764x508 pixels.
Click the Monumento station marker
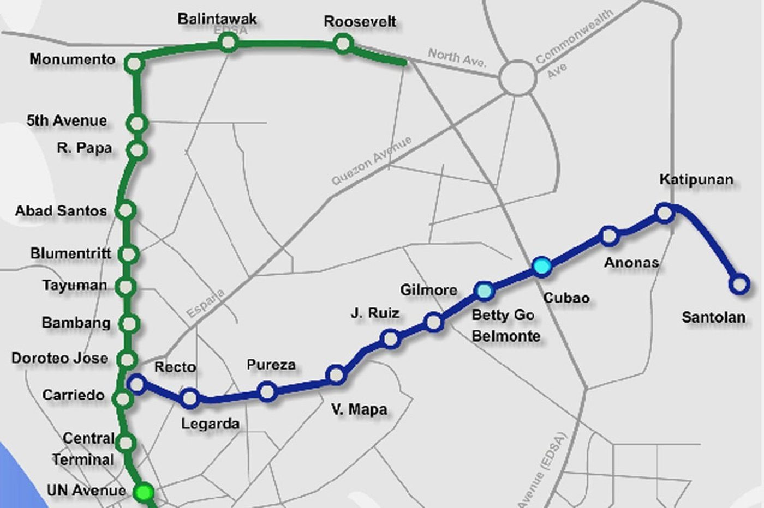pyautogui.click(x=134, y=64)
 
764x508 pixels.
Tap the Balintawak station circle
pyautogui.click(x=229, y=43)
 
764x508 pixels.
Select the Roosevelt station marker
pyautogui.click(x=343, y=43)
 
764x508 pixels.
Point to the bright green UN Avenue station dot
pyautogui.click(x=144, y=492)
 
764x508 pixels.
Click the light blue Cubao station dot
pyautogui.click(x=542, y=266)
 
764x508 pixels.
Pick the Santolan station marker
pyautogui.click(x=739, y=283)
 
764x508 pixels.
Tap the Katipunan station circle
pyautogui.click(x=664, y=213)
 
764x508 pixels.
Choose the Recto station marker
pyautogui.click(x=137, y=384)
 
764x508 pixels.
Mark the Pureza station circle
pyautogui.click(x=267, y=391)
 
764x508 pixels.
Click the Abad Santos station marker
pyautogui.click(x=126, y=210)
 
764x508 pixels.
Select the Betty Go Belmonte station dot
pyautogui.click(x=484, y=291)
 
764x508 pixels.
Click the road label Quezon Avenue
pyautogui.click(x=372, y=161)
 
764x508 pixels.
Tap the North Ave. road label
pyautogui.click(x=457, y=57)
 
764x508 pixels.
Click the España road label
pyautogui.click(x=205, y=303)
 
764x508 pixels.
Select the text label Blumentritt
pyautogui.click(x=70, y=253)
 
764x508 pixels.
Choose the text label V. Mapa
pyautogui.click(x=359, y=409)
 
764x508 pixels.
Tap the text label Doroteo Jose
pyautogui.click(x=59, y=358)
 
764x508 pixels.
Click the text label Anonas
pyautogui.click(x=631, y=263)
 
